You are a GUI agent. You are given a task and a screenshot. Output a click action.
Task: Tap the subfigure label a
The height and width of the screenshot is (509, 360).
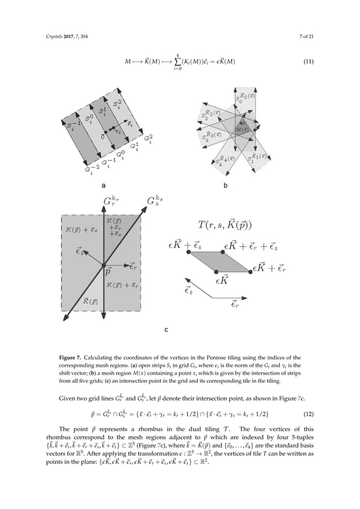(103, 185)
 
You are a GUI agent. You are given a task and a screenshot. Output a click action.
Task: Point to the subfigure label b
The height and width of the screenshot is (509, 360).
(226, 185)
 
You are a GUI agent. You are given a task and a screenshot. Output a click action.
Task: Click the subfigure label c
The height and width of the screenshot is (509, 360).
(166, 329)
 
